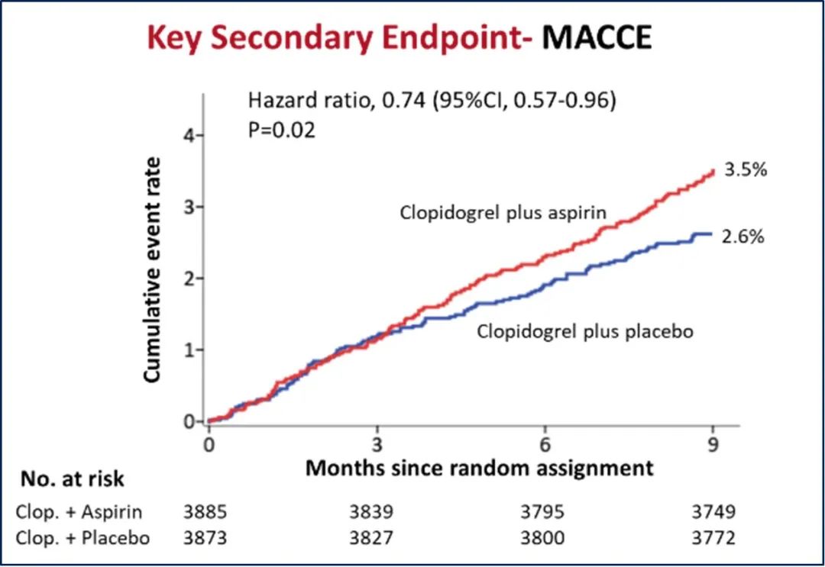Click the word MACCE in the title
[597, 38]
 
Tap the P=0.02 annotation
[281, 130]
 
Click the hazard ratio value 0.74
[403, 100]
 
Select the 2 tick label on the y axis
[189, 278]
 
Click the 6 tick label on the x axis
[545, 445]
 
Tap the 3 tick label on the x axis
[377, 445]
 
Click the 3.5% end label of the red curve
[746, 169]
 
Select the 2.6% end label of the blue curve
[742, 237]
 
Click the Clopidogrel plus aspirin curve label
[503, 213]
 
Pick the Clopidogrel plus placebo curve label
[585, 332]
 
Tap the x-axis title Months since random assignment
[479, 467]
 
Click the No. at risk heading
[73, 478]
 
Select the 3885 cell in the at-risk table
[205, 511]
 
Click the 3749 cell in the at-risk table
[713, 511]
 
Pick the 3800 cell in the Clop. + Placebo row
[542, 537]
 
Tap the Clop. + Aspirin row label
[79, 512]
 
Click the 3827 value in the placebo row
[371, 537]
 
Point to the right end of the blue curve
[712, 234]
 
